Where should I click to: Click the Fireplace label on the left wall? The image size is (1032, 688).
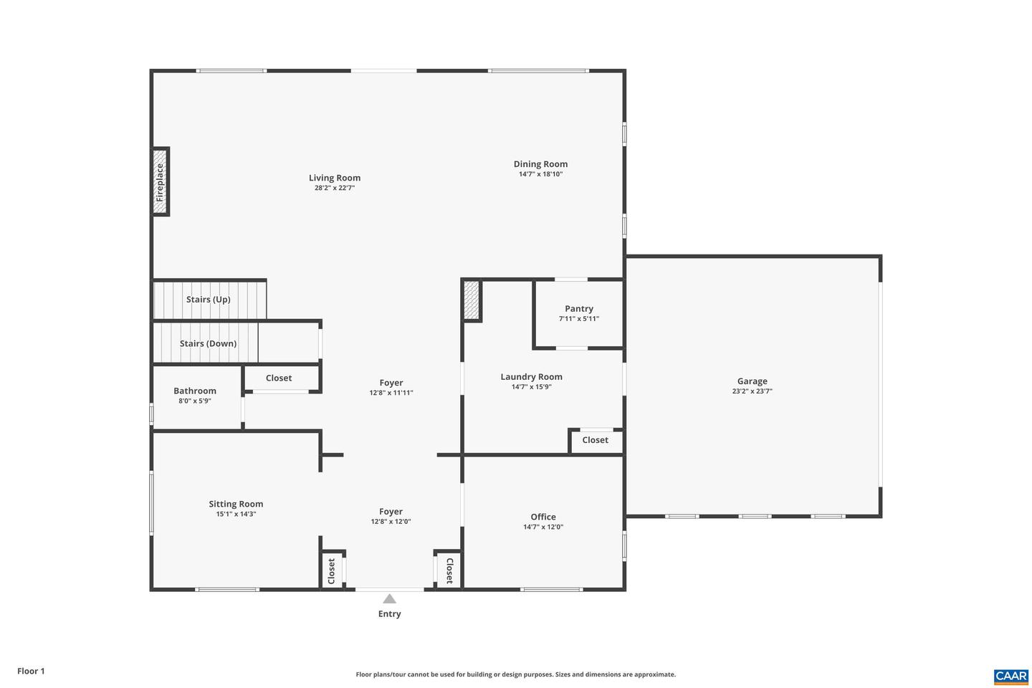click(160, 182)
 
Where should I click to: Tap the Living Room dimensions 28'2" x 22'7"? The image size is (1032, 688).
click(335, 188)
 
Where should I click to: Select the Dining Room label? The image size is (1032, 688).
click(540, 164)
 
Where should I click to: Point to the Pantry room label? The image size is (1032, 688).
click(579, 309)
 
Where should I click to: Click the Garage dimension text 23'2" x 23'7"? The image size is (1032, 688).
click(752, 391)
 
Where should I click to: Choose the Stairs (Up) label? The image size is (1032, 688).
click(208, 300)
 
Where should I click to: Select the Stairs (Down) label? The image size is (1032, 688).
click(208, 343)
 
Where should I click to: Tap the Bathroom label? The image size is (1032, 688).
click(195, 391)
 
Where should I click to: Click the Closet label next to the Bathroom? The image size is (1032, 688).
click(279, 378)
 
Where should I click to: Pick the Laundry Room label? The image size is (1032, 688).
click(531, 377)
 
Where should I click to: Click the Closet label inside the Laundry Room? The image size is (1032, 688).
click(595, 440)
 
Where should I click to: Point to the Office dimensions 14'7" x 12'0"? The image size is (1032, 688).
click(543, 527)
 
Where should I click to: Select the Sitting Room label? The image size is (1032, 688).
click(236, 504)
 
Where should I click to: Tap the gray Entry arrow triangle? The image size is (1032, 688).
click(389, 599)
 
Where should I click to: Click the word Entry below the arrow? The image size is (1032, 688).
click(389, 614)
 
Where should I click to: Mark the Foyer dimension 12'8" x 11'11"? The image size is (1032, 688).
click(391, 393)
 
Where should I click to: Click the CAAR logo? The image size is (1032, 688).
click(1010, 676)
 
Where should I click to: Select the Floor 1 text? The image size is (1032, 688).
click(31, 672)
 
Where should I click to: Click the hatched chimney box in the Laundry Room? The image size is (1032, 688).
click(471, 300)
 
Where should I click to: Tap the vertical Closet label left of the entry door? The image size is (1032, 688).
click(331, 571)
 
